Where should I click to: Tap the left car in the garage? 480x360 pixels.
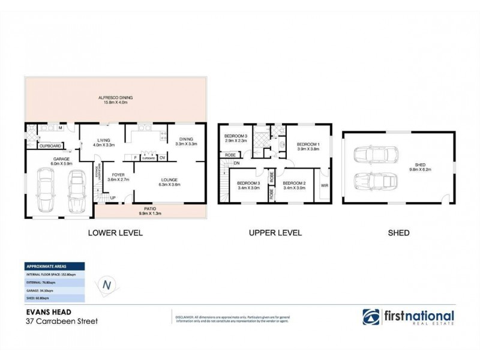point(46,190)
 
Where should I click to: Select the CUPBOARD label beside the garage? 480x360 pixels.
point(50,146)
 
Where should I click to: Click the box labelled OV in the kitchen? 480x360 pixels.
point(161,158)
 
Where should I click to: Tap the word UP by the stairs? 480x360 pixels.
point(112,197)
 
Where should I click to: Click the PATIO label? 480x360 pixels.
point(151,211)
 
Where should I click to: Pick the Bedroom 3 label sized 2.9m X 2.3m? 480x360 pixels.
point(235,139)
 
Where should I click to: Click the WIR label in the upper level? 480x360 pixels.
point(325,186)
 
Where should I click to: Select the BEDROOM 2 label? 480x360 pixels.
point(295,185)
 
